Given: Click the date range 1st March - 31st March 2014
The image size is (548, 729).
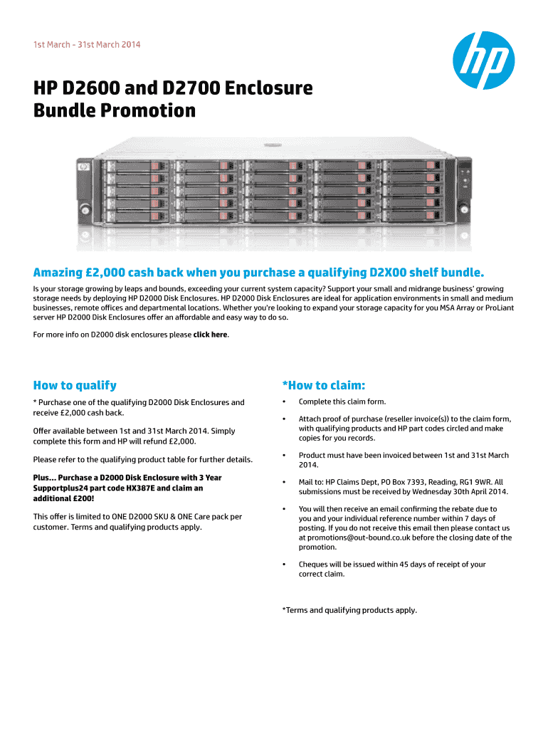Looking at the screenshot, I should click(x=87, y=45).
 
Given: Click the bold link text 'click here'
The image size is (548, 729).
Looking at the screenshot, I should click(x=211, y=335).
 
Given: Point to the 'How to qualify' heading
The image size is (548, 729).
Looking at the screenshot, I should click(x=75, y=385).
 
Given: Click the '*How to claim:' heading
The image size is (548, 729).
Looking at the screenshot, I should click(x=324, y=385).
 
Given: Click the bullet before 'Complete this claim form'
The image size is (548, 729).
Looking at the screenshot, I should click(x=284, y=402).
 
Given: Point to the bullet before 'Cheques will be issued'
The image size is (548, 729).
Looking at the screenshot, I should click(x=284, y=565).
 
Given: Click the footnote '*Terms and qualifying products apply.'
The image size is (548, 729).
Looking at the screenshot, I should click(x=349, y=610).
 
